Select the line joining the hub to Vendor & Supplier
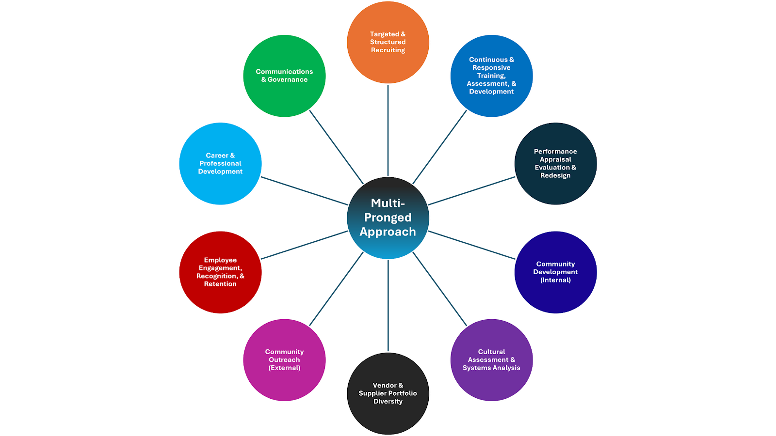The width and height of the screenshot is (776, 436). coord(388,305)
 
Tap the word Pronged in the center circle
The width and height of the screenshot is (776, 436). coord(388,218)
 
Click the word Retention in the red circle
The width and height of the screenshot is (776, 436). coord(220,284)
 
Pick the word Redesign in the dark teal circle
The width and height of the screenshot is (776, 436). coord(556,175)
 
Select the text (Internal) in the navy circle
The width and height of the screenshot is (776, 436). coord(556,280)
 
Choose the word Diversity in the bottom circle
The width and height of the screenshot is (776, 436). coord(388,401)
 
